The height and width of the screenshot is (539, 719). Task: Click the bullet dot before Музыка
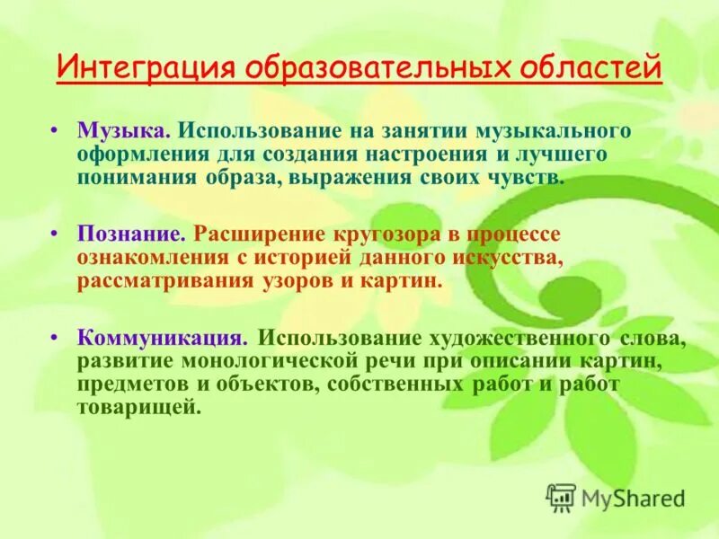tap(56, 131)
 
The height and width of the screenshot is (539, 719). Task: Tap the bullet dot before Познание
tap(56, 235)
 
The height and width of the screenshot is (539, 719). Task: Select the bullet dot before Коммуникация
tap(56, 340)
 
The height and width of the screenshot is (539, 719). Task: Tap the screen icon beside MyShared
tap(561, 497)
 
